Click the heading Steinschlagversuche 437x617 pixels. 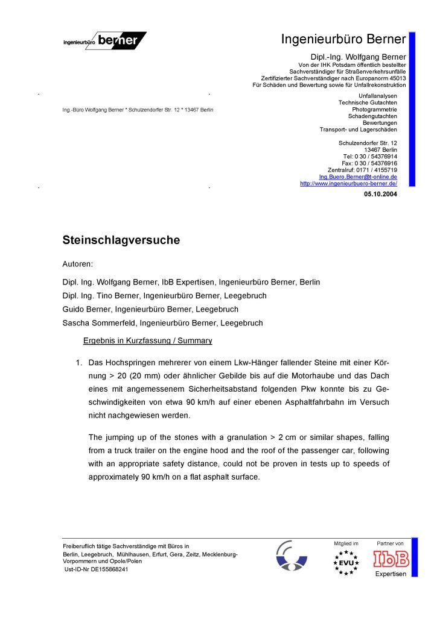[x=121, y=240]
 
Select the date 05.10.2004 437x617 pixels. [x=380, y=194]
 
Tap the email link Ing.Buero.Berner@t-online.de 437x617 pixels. [x=358, y=177]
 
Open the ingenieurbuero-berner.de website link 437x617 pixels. [x=348, y=184]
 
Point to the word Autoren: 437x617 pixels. [x=78, y=264]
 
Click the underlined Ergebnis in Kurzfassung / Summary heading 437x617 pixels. [x=147, y=340]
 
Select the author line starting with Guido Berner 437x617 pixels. [x=150, y=309]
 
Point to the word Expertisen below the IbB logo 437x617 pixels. [x=391, y=574]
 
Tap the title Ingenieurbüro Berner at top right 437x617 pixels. [x=343, y=40]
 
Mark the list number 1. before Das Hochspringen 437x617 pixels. [x=78, y=363]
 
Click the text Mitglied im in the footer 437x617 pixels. [x=346, y=543]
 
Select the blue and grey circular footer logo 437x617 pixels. [x=292, y=556]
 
